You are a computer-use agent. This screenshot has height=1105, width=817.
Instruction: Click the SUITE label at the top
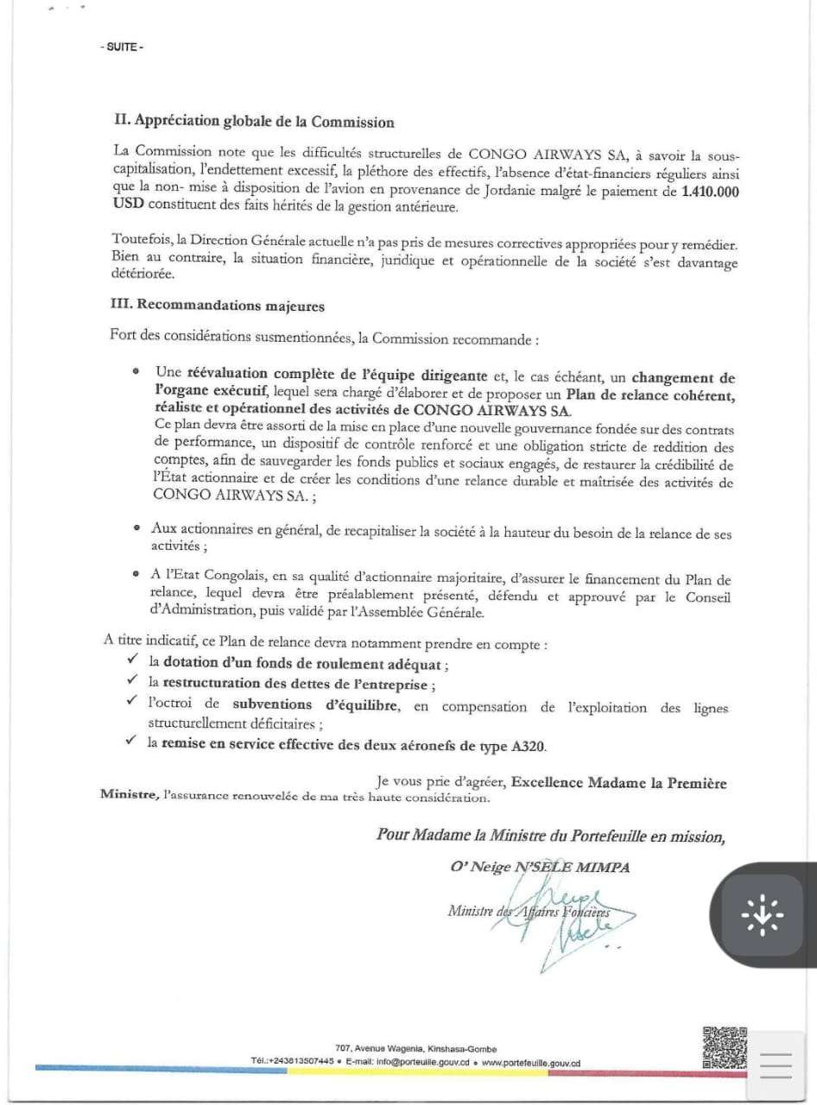[x=122, y=47]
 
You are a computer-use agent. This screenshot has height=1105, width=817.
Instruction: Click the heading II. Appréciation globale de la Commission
[x=255, y=122]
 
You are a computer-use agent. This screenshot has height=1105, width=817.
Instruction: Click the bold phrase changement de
[x=683, y=377]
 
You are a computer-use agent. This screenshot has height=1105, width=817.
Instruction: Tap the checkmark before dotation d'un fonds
[x=132, y=662]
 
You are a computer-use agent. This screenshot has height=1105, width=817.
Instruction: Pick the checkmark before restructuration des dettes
[x=132, y=683]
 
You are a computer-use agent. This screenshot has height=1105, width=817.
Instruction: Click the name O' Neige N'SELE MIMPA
[x=539, y=868]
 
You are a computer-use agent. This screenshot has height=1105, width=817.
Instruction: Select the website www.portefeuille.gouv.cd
[x=531, y=1063]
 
